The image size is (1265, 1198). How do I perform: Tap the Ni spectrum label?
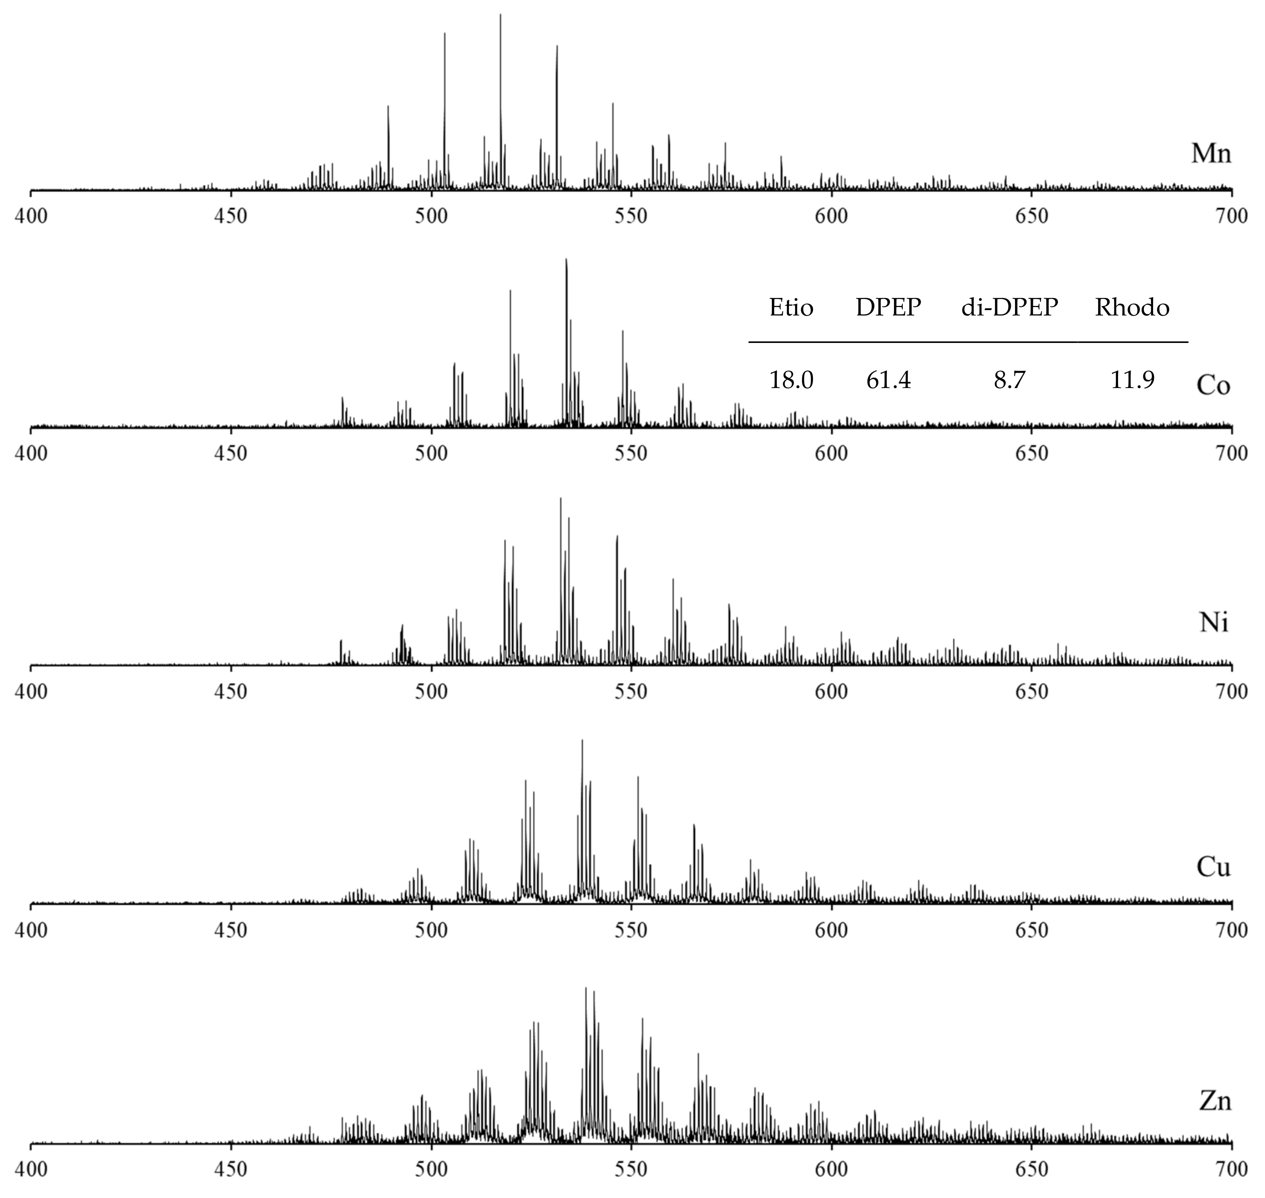click(x=1213, y=622)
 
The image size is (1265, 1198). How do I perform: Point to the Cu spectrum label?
click(x=1213, y=867)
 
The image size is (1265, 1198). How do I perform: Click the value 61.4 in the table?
click(x=888, y=381)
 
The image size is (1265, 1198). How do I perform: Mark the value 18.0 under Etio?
click(x=791, y=381)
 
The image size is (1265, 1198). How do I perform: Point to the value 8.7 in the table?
click(x=1009, y=381)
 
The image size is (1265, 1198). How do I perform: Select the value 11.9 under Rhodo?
click(x=1132, y=381)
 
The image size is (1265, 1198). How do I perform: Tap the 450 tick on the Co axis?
click(x=231, y=453)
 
